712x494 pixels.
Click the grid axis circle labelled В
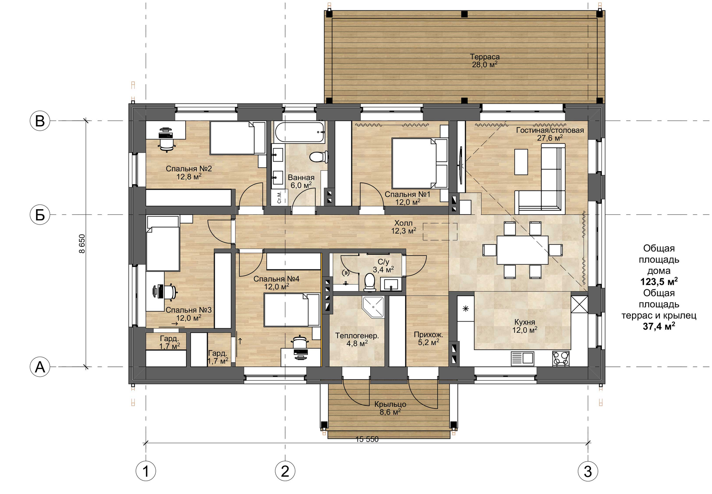point(40,121)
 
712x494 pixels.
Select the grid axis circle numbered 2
point(285,471)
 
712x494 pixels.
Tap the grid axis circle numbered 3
point(588,471)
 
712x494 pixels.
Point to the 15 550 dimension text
point(367,439)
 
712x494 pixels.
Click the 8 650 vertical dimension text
point(82,243)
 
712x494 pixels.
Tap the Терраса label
point(485,57)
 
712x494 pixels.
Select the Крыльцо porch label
point(390,404)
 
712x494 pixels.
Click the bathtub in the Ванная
point(300,132)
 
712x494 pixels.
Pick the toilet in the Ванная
point(319,157)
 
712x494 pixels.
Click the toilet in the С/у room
point(369,282)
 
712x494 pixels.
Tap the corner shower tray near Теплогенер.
point(373,307)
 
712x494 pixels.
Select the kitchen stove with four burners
point(561,358)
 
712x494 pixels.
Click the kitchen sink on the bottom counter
point(522,358)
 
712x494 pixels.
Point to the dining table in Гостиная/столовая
point(523,250)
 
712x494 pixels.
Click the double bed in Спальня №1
point(419,163)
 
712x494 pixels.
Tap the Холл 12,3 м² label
point(404,227)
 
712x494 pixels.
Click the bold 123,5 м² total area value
point(659,281)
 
